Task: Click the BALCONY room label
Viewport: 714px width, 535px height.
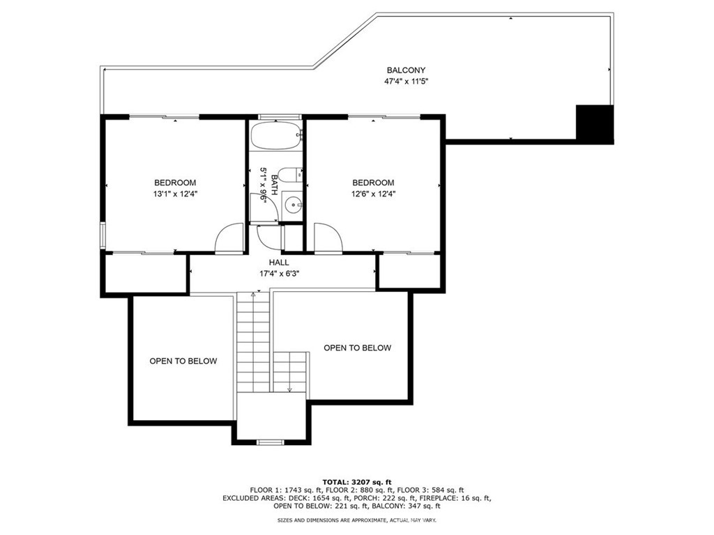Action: click(406, 70)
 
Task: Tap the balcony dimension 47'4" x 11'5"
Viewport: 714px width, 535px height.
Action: click(407, 82)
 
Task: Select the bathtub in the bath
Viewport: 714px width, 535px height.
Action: click(276, 135)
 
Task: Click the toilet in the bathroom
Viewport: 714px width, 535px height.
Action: click(290, 175)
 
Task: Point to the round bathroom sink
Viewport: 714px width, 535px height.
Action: click(293, 206)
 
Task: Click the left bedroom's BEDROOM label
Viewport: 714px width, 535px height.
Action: click(175, 183)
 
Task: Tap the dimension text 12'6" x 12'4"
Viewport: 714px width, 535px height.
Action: click(374, 194)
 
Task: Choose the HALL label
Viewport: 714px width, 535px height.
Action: click(279, 263)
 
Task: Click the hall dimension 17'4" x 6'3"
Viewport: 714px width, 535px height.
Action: click(279, 274)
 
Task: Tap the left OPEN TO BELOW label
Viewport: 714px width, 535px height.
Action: click(183, 362)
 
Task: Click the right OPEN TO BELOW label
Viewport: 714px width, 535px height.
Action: click(358, 348)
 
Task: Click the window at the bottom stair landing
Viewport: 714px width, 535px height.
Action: click(271, 442)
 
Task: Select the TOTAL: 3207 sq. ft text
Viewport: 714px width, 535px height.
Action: click(357, 482)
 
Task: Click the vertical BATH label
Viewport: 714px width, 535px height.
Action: click(274, 185)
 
